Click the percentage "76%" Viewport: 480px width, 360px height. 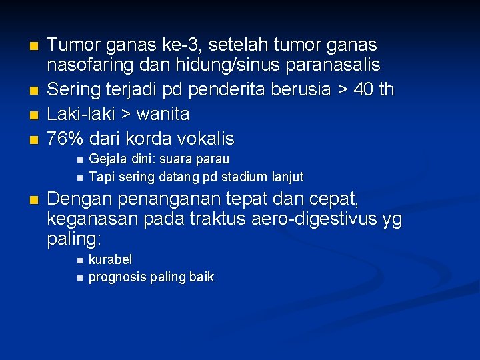pyautogui.click(x=66, y=139)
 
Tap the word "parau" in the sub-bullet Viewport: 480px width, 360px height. pyautogui.click(x=213, y=159)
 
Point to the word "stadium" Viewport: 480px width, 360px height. pyautogui.click(x=236, y=177)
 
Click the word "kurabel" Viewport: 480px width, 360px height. pyautogui.click(x=110, y=259)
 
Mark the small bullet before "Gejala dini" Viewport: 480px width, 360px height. pyautogui.click(x=79, y=160)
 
